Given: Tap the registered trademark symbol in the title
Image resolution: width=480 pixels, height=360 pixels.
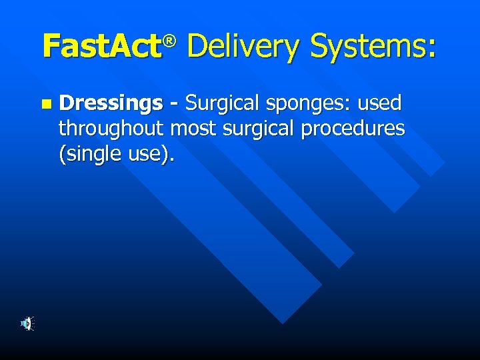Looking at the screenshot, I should click(171, 42).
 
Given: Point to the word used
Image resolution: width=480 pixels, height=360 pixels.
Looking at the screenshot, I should click(379, 103).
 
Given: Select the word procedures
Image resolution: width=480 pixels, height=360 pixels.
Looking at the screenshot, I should click(353, 129).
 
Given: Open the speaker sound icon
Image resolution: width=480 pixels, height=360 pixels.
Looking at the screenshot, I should click(27, 324).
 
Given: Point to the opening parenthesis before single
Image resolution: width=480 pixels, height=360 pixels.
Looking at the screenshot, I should click(62, 154).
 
